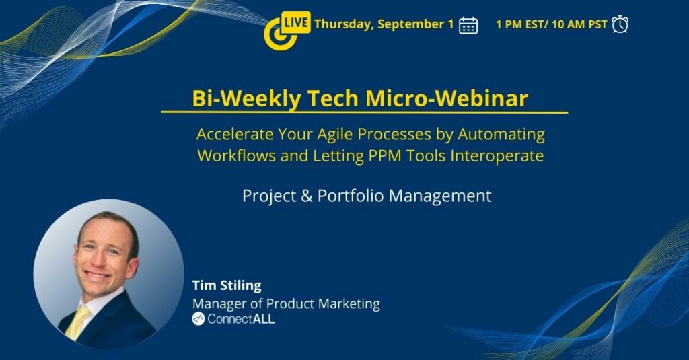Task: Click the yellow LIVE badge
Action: coord(295,22)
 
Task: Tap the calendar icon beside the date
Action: coord(468,25)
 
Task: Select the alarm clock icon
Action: coord(620,24)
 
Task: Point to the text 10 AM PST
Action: coord(579,24)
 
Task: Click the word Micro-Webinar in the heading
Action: coord(447,98)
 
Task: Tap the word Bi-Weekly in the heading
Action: coord(247,98)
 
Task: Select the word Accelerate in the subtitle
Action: coord(234,134)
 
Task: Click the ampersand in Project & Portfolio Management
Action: coord(307,196)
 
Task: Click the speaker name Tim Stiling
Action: coord(227,286)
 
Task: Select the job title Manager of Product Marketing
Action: coord(286,303)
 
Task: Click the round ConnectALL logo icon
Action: coord(198,319)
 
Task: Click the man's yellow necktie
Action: coord(77,322)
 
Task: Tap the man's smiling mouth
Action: coord(98,275)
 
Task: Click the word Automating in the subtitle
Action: coord(501,135)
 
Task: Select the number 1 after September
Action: coord(450,24)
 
